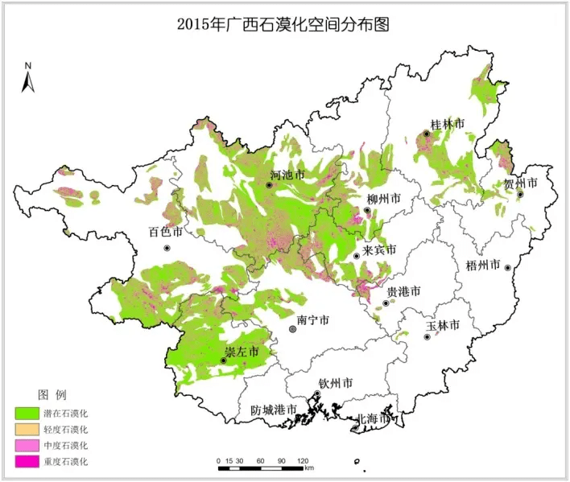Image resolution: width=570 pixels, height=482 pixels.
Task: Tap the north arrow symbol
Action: click(x=27, y=77)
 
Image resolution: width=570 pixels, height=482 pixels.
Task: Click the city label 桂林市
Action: click(x=448, y=124)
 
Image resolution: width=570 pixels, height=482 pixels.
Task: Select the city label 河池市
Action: click(x=287, y=175)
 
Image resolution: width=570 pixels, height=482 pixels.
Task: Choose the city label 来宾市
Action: click(x=379, y=249)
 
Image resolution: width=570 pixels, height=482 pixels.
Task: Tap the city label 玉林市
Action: click(x=443, y=325)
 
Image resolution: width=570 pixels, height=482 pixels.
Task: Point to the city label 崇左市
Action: click(x=241, y=352)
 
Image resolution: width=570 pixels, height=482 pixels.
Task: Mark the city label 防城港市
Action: click(x=274, y=410)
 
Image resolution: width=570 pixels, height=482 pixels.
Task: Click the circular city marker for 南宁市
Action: click(x=292, y=329)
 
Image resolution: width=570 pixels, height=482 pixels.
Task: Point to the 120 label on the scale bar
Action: click(x=303, y=461)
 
